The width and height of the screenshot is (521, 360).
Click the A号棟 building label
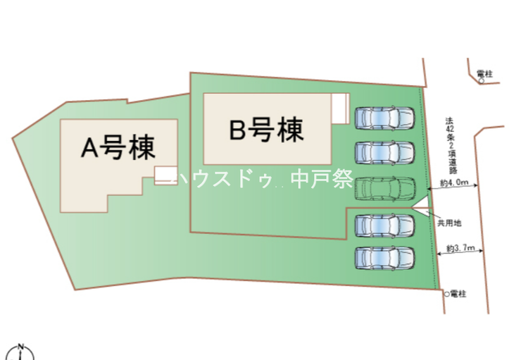[x=119, y=148]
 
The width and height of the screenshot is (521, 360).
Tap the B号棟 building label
[x=267, y=130]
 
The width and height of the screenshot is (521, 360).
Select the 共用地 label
[x=448, y=223]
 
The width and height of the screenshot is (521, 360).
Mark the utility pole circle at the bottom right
[x=446, y=293]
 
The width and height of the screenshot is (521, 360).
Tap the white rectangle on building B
[x=341, y=109]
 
